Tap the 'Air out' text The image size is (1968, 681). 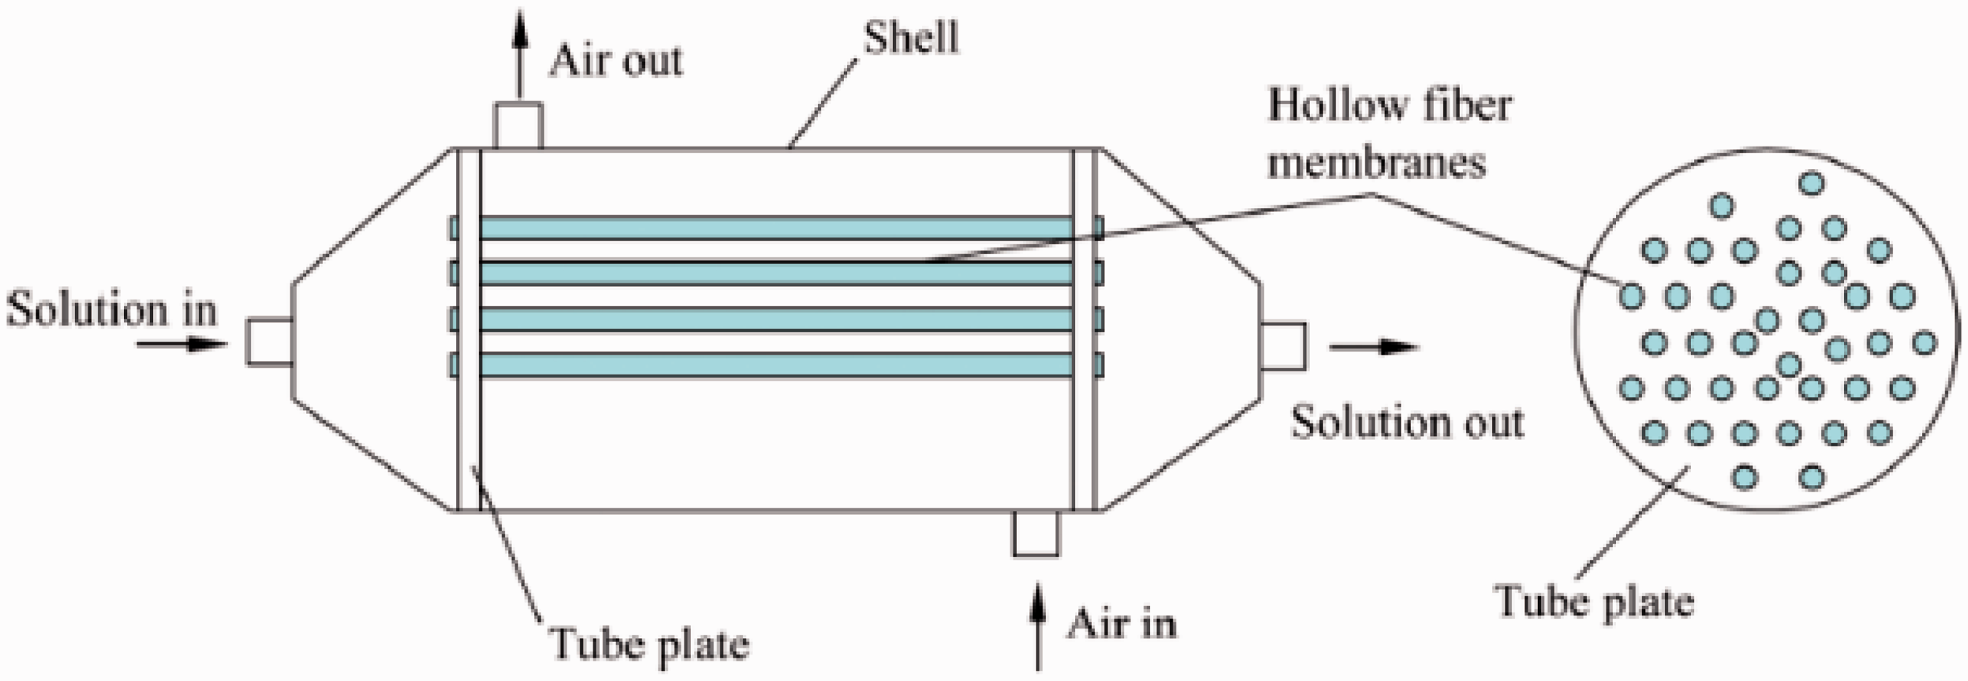pyautogui.click(x=616, y=60)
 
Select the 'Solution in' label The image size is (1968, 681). pyautogui.click(x=112, y=311)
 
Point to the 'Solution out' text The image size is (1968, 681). pyautogui.click(x=1407, y=422)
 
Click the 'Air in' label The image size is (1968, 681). pyautogui.click(x=1122, y=623)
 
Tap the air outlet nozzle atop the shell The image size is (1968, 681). pyautogui.click(x=519, y=125)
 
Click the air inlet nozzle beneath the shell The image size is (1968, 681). pyautogui.click(x=1036, y=534)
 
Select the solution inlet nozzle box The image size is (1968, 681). pyautogui.click(x=269, y=342)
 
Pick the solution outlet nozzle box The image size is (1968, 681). pyautogui.click(x=1283, y=347)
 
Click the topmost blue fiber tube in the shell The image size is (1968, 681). pyautogui.click(x=776, y=227)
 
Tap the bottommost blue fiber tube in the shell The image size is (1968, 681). pyautogui.click(x=776, y=365)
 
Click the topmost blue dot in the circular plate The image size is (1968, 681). pyautogui.click(x=1811, y=184)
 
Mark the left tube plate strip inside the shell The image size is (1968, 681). pyautogui.click(x=469, y=329)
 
